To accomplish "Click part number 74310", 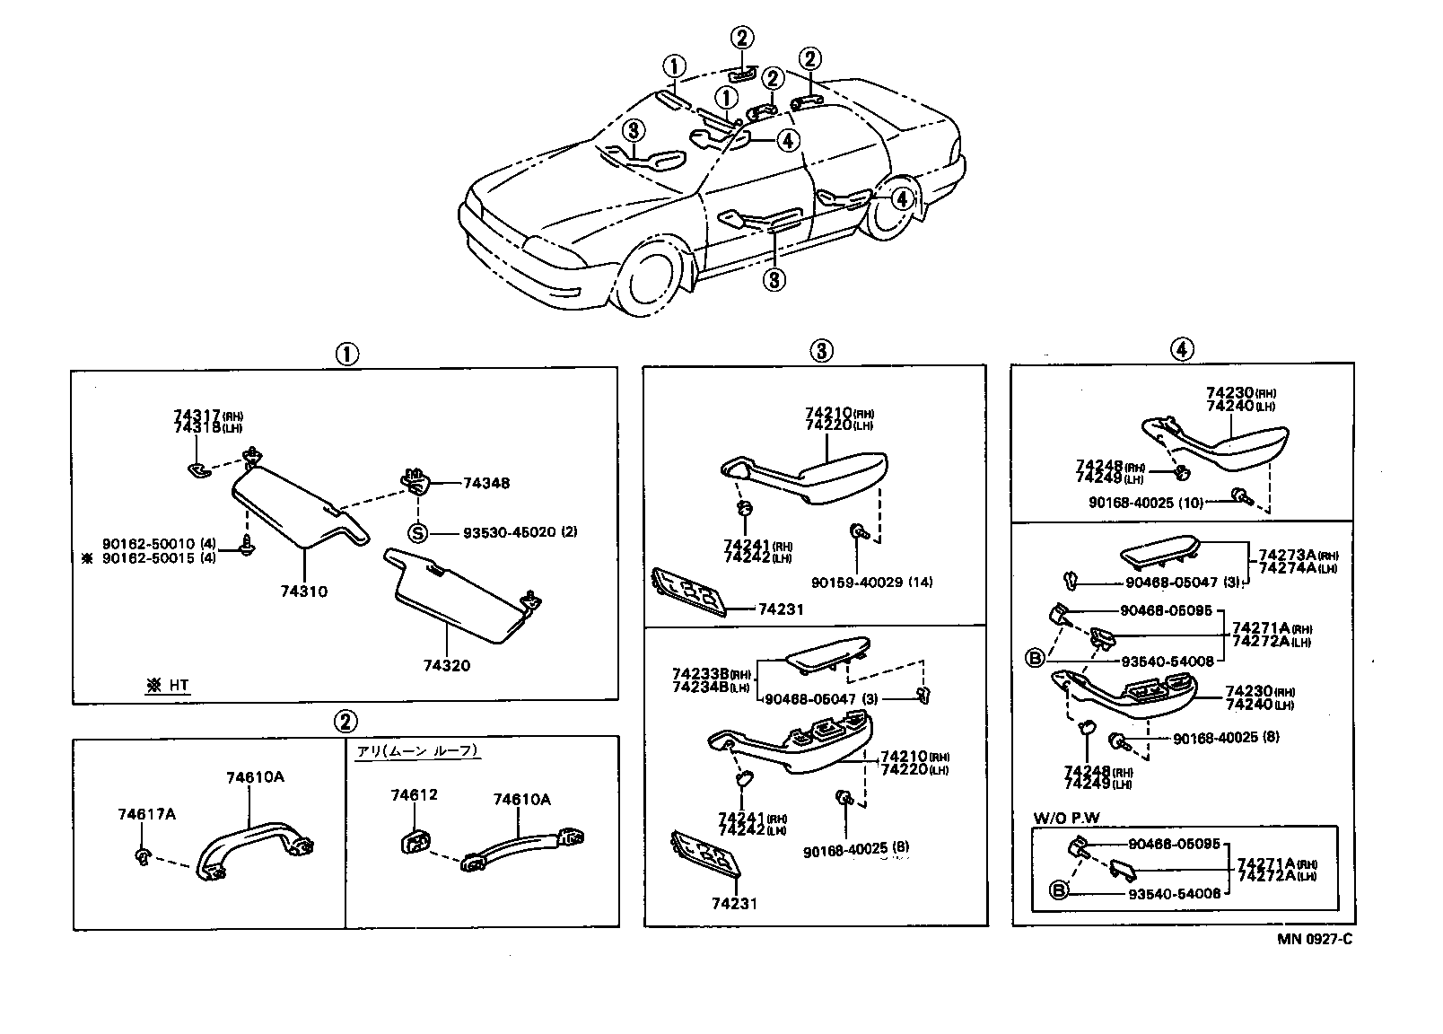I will [x=303, y=592].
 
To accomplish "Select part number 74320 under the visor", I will [x=446, y=666].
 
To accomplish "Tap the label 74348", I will [x=485, y=483].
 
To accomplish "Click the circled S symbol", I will [x=418, y=532].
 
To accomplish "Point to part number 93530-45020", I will [x=509, y=532].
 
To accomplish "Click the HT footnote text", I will [x=168, y=686].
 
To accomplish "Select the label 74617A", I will [x=146, y=814].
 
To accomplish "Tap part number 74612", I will [x=414, y=795].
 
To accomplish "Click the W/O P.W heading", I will [x=1066, y=817].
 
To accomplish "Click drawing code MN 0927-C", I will [x=1315, y=939].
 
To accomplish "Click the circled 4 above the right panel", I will [x=1182, y=350].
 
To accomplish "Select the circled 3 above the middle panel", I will [x=822, y=351].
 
